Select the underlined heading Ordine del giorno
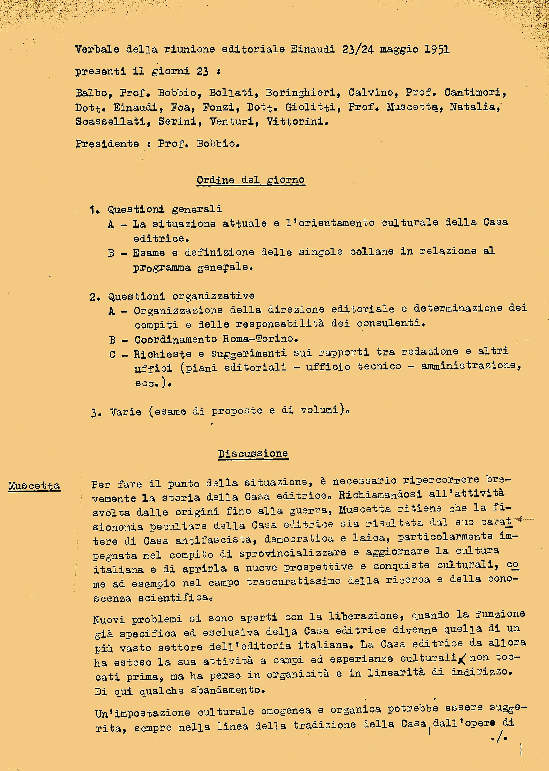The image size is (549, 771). click(x=250, y=180)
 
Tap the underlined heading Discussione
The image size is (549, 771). click(x=253, y=454)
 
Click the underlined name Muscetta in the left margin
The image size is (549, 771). click(x=34, y=486)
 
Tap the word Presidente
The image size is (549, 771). click(x=107, y=144)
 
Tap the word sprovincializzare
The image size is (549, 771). click(x=293, y=553)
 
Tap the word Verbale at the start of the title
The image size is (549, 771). click(x=97, y=50)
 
